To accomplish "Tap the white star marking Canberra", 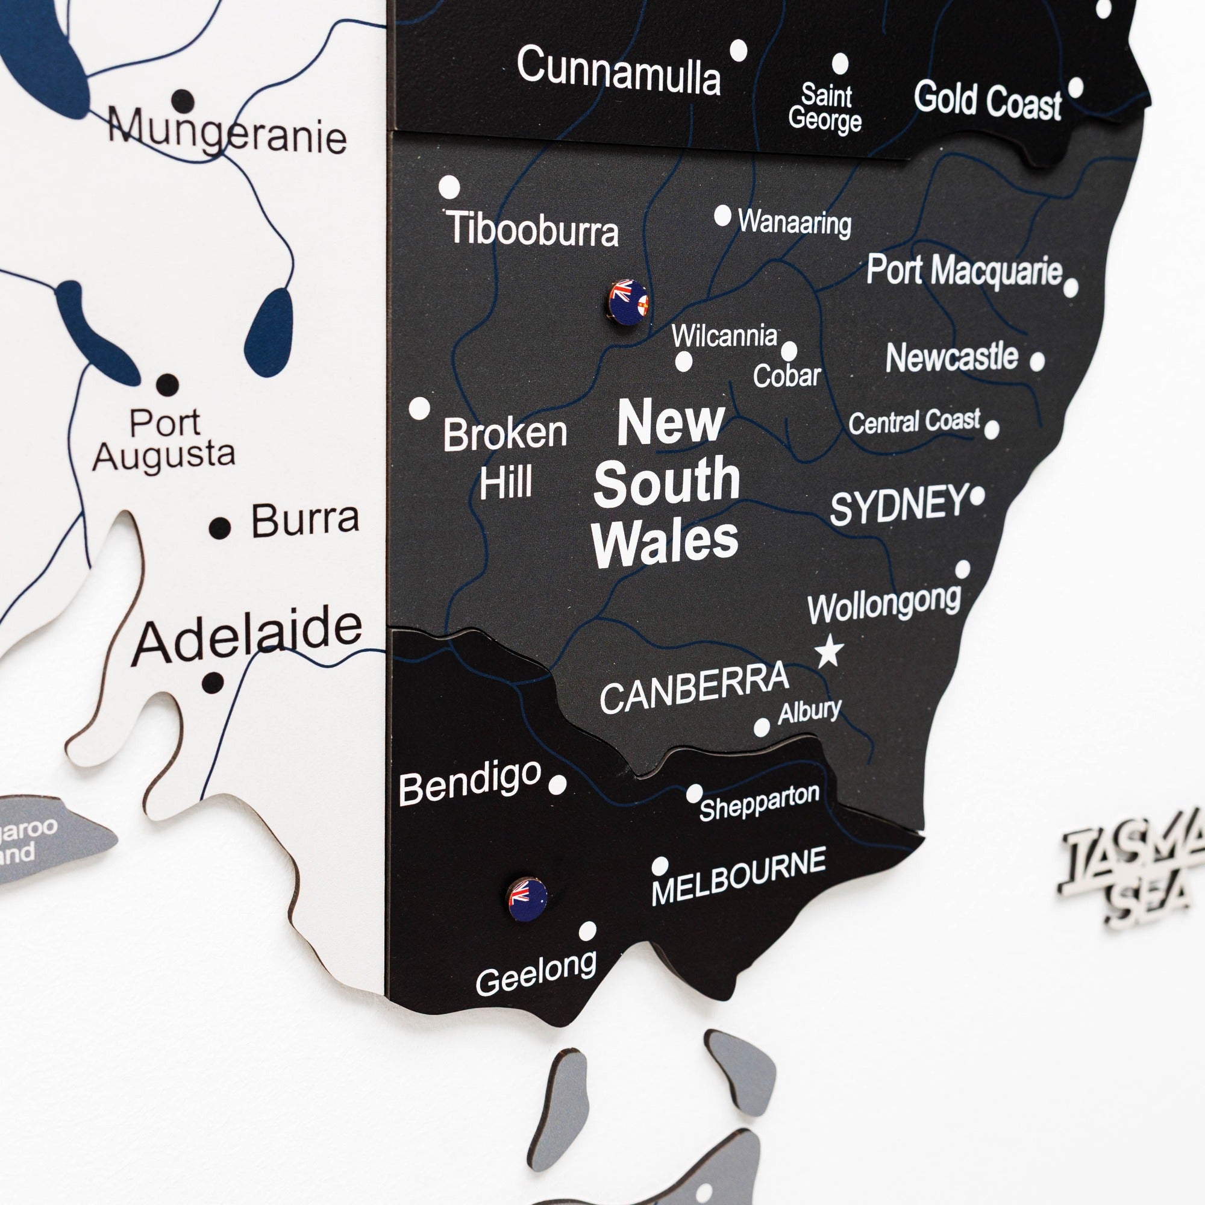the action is point(830,651).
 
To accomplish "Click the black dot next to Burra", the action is point(219,528).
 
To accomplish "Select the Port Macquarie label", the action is point(963,270).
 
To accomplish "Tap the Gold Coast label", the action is point(987,101).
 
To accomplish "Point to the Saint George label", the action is point(825,108).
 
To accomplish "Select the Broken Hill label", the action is point(505,457).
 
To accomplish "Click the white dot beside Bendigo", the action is point(557,784).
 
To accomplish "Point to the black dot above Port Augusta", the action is point(167,384).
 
